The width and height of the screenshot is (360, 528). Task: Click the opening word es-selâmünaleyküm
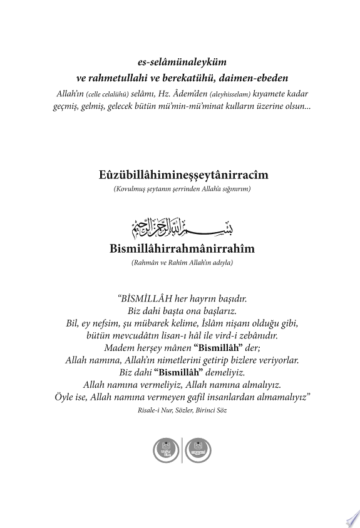pyautogui.click(x=180, y=64)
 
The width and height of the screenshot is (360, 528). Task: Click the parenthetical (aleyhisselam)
pyautogui.click(x=229, y=93)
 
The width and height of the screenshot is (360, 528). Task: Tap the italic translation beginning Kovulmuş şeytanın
pyautogui.click(x=180, y=188)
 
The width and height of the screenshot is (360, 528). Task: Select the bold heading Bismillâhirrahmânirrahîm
pyautogui.click(x=180, y=248)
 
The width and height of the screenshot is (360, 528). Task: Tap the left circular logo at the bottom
pyautogui.click(x=167, y=451)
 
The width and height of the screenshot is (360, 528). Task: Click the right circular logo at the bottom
pyautogui.click(x=199, y=451)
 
